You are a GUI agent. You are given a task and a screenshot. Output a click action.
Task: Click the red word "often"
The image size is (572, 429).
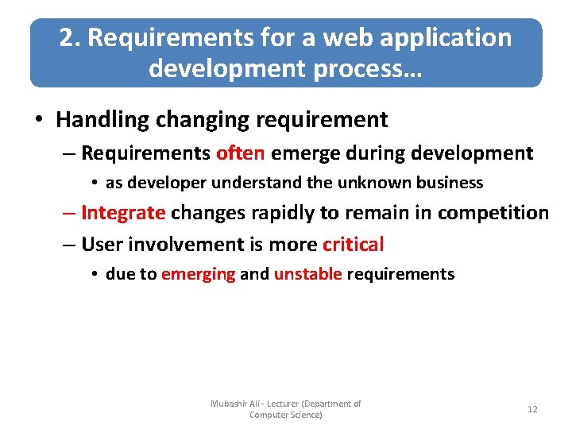tap(241, 153)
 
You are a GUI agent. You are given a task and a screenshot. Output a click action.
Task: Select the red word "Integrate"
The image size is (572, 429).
tap(123, 213)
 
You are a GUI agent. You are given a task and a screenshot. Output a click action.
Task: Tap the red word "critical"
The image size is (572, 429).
tap(353, 245)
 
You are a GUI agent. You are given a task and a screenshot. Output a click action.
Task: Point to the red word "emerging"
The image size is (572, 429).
tap(198, 275)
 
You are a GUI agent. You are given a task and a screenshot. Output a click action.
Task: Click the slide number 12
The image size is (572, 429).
tap(532, 409)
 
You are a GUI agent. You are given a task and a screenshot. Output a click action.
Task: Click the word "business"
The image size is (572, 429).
tap(450, 183)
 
